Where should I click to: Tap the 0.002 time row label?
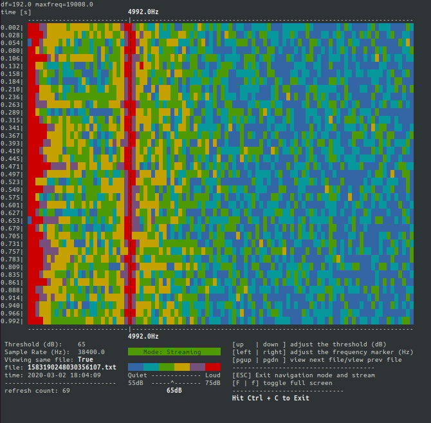point(12,27)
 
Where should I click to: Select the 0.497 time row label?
point(12,174)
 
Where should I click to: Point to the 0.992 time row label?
point(12,321)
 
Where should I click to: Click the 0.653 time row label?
point(12,220)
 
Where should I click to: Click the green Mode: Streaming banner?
point(174,352)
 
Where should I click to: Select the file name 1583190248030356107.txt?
point(71,367)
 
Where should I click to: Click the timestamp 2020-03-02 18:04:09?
point(63,375)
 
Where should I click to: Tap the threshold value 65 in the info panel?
point(82,344)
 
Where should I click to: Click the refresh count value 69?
point(66,390)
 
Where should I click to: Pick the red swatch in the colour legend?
point(213,366)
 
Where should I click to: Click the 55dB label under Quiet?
point(136,382)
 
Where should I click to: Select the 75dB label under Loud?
point(212,382)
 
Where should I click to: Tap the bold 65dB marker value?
point(174,390)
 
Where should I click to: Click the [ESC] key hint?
point(241,375)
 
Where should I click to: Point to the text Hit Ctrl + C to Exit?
point(270,398)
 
